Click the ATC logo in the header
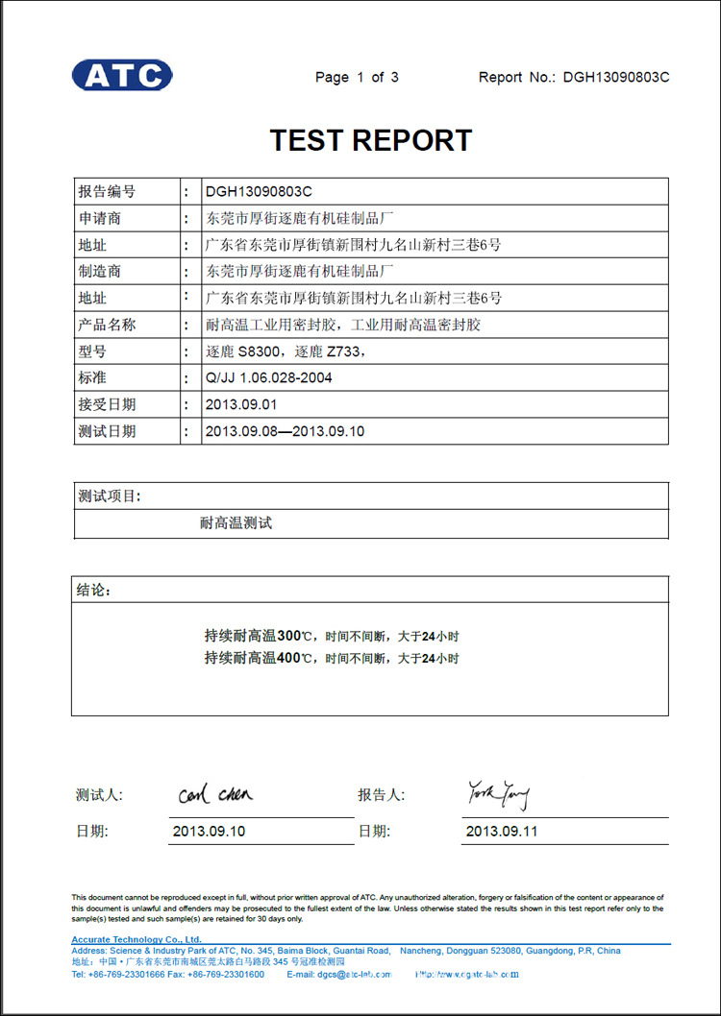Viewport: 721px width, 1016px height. [x=122, y=75]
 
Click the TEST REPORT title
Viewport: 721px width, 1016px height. [x=371, y=140]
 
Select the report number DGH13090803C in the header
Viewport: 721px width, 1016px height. [x=616, y=77]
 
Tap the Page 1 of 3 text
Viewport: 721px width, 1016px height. [x=357, y=77]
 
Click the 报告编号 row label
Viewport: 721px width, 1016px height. [x=107, y=191]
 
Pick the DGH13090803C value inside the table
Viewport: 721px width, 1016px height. [x=260, y=191]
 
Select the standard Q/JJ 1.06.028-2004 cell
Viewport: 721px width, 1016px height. [x=268, y=377]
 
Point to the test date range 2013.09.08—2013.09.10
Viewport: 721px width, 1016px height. [x=285, y=431]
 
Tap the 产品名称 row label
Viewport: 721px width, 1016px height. [x=107, y=325]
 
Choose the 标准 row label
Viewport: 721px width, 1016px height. [x=92, y=377]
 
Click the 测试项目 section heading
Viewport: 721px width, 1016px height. [x=109, y=496]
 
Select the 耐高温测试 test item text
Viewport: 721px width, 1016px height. [x=236, y=523]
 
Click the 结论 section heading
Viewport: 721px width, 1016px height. [x=93, y=590]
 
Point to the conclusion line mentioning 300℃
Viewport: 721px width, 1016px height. [x=332, y=636]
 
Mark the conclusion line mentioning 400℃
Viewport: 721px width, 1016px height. [x=332, y=658]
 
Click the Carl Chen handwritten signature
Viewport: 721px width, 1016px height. [x=215, y=794]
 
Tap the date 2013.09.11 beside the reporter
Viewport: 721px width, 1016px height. [x=502, y=831]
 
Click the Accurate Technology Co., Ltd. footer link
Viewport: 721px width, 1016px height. [x=137, y=939]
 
